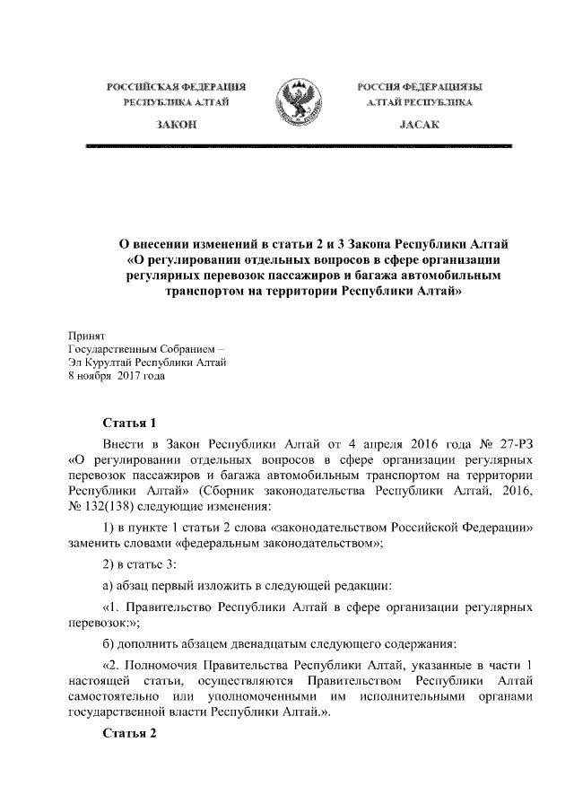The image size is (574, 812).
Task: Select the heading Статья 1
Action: [x=130, y=422]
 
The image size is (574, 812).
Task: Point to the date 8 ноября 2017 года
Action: [x=117, y=376]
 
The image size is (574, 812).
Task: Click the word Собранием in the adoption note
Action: [x=179, y=347]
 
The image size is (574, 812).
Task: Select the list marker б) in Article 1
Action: [x=109, y=643]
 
